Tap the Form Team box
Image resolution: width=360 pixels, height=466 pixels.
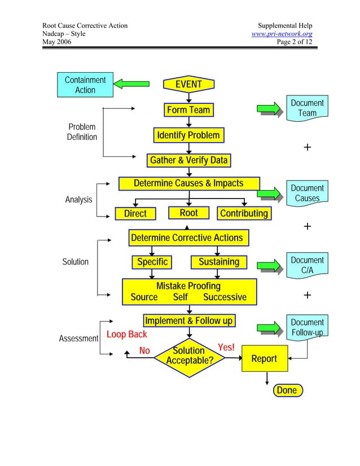click(x=188, y=110)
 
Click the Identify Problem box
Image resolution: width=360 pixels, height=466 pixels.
click(x=188, y=135)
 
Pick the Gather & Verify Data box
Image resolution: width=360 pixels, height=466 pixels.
click(x=188, y=160)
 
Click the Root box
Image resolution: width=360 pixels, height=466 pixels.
click(x=188, y=213)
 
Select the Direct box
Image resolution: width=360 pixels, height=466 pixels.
click(x=135, y=213)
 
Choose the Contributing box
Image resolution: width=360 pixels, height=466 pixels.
click(x=244, y=213)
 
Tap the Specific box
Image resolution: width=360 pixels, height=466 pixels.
click(x=152, y=262)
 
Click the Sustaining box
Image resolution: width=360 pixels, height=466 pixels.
click(x=219, y=262)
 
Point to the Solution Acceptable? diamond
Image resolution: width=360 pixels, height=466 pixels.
click(x=188, y=356)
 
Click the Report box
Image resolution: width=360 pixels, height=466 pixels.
click(x=264, y=359)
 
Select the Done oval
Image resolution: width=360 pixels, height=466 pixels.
click(x=287, y=390)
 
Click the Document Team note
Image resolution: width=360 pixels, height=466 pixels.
click(x=307, y=108)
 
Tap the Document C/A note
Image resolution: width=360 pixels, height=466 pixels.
click(x=307, y=265)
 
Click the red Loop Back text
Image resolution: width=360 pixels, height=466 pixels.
click(x=127, y=335)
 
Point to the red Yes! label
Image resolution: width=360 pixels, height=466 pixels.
click(x=226, y=348)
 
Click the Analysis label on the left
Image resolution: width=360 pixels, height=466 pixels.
click(x=78, y=200)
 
